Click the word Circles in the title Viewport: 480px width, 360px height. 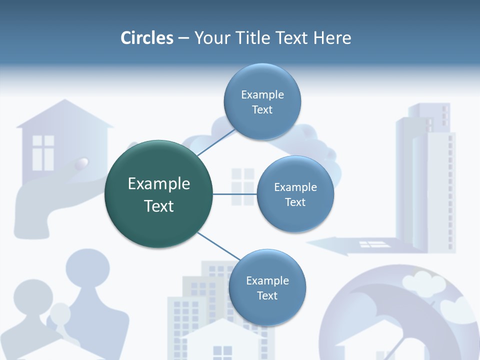coord(147,38)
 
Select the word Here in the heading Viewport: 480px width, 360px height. coord(332,38)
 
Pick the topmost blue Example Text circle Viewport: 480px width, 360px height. coord(262,101)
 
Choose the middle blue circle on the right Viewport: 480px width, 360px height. coord(295,194)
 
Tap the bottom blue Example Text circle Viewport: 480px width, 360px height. coord(267,287)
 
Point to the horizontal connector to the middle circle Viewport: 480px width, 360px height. coord(234,194)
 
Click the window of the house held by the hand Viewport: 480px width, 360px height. coord(43,152)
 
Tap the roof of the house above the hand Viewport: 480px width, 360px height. coord(64,113)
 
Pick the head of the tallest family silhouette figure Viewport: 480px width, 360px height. coord(87,267)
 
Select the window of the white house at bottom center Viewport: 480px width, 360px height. coord(222,352)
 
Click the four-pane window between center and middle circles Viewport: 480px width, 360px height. coord(243,186)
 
